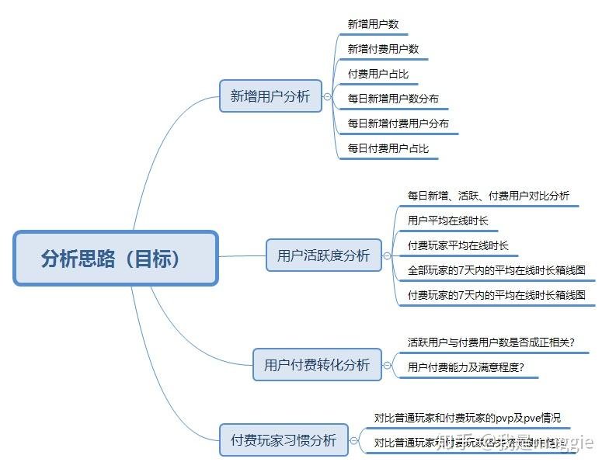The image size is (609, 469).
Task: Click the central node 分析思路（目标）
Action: coord(116,258)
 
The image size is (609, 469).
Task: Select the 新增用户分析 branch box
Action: coord(270,96)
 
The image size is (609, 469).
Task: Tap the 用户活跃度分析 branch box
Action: coord(323,255)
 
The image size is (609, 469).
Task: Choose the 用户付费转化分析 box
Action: coord(317,364)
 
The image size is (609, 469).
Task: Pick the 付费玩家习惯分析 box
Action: coord(284,440)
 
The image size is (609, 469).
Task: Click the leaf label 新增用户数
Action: coord(373,24)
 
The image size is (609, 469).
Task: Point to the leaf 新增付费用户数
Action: coord(383,49)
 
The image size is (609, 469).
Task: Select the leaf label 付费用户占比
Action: coord(378,74)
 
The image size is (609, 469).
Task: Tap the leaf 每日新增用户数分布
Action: coord(393,99)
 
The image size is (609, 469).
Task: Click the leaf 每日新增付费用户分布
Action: coord(398,123)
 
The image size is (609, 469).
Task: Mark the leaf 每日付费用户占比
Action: coord(388,148)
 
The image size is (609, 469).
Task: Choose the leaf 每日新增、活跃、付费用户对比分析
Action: coord(488,196)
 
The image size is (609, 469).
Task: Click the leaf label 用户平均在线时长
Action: coord(448,221)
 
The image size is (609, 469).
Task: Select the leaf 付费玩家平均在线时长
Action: coord(458,245)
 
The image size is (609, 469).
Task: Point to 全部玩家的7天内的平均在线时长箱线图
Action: coord(496,270)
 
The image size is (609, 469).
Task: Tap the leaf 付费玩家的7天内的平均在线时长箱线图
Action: coord(496,295)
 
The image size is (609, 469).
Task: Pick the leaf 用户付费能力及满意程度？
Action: coord(466,367)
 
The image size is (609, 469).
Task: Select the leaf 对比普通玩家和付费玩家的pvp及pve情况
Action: coord(467,418)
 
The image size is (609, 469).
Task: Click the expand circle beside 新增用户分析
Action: coord(328,96)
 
